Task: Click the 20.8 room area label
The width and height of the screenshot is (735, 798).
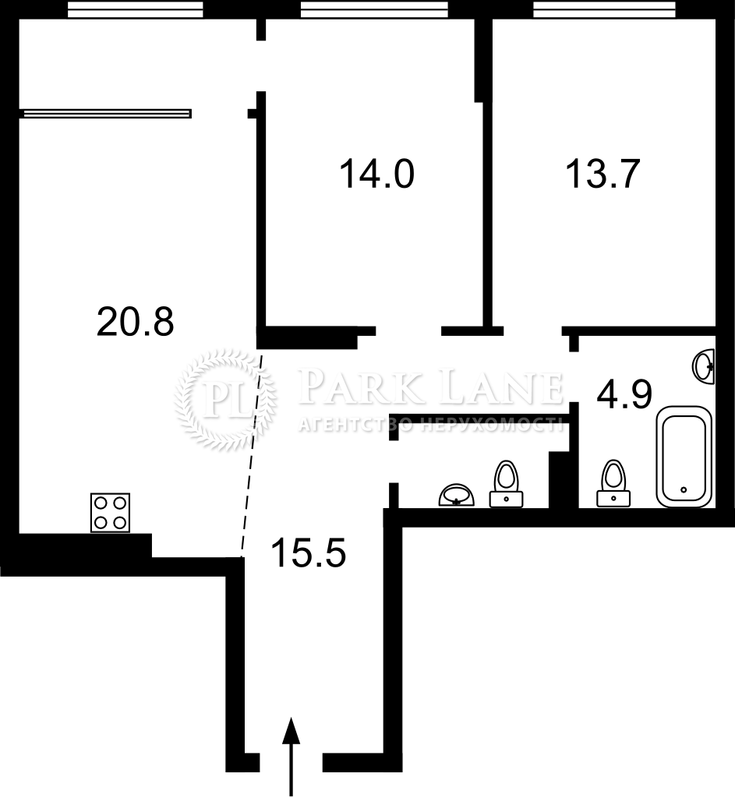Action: tap(136, 322)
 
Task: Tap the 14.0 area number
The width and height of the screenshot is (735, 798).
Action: tap(376, 174)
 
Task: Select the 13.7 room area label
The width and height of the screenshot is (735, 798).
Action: tap(602, 174)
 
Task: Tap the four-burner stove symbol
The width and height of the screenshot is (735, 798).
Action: tap(110, 513)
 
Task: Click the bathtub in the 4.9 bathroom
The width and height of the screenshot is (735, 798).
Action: tap(684, 457)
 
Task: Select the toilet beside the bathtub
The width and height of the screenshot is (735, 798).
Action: tap(613, 483)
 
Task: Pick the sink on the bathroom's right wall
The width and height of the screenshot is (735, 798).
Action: tap(704, 366)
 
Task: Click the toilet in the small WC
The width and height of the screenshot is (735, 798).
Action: tap(506, 484)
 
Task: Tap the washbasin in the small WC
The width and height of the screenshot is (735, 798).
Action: tap(457, 495)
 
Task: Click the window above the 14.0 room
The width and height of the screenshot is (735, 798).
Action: tap(374, 9)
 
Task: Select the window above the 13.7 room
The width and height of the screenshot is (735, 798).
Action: tap(605, 9)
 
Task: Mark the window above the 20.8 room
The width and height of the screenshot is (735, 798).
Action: tap(136, 9)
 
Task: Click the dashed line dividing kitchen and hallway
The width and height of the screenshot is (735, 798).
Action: tap(252, 453)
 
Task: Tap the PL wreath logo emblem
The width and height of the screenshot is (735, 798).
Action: tap(225, 400)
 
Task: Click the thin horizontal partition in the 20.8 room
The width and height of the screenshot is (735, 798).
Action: tap(105, 114)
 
